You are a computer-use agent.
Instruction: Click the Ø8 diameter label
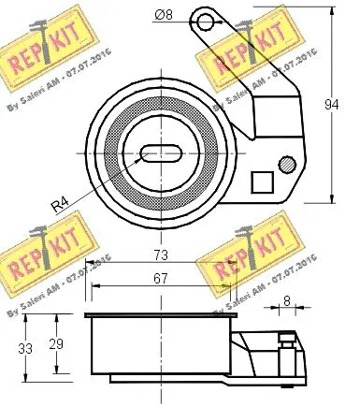[162, 15]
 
